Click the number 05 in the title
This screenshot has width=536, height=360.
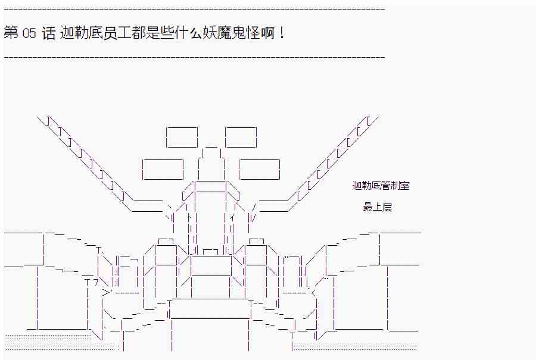coord(29,33)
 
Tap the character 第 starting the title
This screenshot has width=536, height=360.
coord(11,33)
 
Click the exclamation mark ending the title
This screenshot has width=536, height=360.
coord(281,33)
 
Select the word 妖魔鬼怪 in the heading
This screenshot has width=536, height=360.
coord(232,33)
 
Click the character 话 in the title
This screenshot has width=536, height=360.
coord(49,33)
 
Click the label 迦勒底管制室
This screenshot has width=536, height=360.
coord(381,186)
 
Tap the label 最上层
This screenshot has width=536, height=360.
coord(378,207)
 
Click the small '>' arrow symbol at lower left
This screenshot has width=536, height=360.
coord(107,292)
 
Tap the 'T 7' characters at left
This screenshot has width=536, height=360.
coord(91,282)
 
